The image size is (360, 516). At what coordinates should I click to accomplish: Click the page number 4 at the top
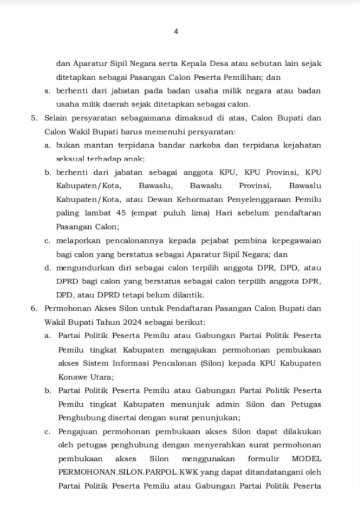pos(175,32)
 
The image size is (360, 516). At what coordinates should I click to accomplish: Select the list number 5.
pos(34,118)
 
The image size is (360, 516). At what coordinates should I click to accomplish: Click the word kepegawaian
pos(294,241)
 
